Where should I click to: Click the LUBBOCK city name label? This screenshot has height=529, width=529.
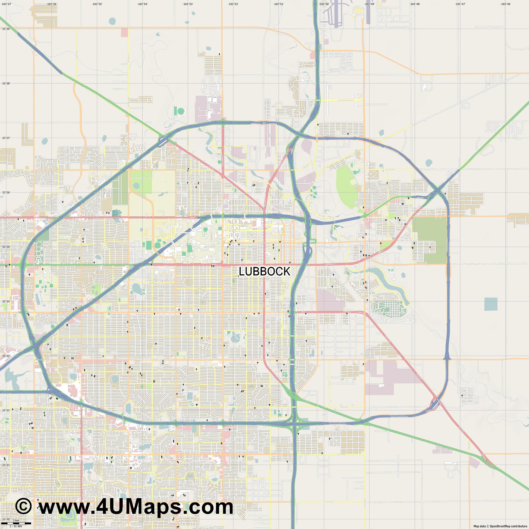[x=264, y=271]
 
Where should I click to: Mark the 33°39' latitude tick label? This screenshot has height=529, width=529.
[x=6, y=29]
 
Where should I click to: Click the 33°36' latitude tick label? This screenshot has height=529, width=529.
[x=6, y=192]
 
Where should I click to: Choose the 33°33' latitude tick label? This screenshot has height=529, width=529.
[x=6, y=356]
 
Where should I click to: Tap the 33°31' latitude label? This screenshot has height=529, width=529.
[x=6, y=465]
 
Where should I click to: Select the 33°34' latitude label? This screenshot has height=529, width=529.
[x=6, y=302]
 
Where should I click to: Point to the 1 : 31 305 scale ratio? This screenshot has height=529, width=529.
[x=16, y=526]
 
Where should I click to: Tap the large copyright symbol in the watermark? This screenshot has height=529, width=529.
[x=23, y=506]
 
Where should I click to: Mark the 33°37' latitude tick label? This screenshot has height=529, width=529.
[x=6, y=138]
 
